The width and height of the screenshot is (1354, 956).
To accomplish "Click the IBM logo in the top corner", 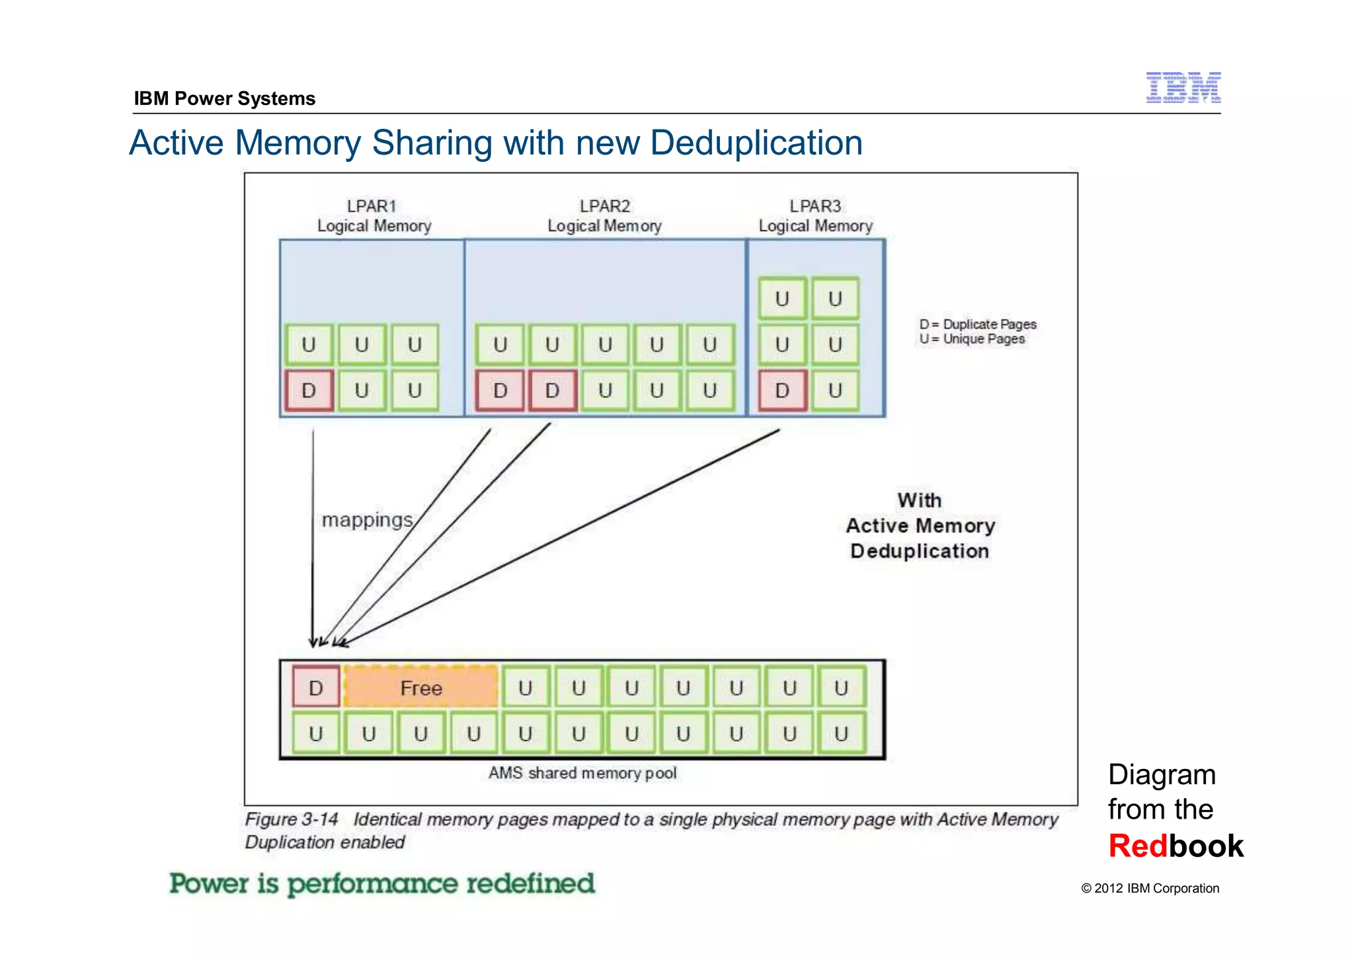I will [x=1183, y=87].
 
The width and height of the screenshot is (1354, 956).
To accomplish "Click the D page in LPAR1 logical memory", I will [x=309, y=390].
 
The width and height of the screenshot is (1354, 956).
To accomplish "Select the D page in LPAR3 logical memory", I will [x=782, y=390].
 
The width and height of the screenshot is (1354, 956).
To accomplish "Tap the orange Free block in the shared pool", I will [x=421, y=688].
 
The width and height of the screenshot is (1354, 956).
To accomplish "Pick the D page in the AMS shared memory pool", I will [x=316, y=688].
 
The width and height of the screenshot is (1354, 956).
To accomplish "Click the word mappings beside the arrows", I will [x=367, y=520].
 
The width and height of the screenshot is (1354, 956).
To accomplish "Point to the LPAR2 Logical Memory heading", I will [x=604, y=216].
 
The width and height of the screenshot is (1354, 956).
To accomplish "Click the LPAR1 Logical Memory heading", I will [x=374, y=216].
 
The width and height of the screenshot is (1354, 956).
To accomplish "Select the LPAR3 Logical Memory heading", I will [x=815, y=216].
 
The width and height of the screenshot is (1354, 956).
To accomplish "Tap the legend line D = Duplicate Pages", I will [x=978, y=324].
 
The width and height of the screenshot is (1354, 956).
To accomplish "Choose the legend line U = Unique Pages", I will [x=972, y=339].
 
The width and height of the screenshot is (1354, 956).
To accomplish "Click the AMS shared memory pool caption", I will [x=582, y=773].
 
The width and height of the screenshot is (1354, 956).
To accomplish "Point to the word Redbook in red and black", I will [x=1175, y=846].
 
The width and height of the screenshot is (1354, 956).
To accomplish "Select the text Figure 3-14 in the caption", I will [x=292, y=819].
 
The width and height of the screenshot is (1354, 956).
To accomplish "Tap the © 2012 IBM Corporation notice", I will [x=1150, y=889].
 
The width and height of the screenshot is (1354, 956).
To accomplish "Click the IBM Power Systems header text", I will [x=225, y=98].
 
